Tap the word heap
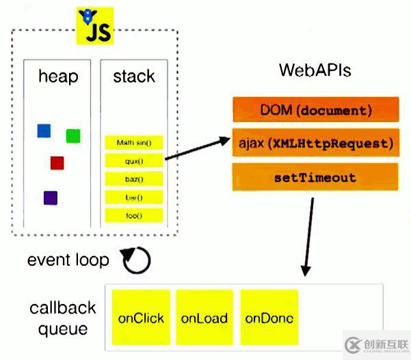[57, 76]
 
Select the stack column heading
[134, 76]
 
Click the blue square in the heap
[44, 130]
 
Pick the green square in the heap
[73, 136]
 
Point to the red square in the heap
[57, 163]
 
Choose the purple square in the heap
[51, 198]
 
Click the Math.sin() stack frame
[134, 143]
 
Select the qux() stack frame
[134, 161]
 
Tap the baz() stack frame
[134, 180]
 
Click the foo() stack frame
[134, 216]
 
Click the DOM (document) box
[315, 110]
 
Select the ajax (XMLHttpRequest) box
[315, 143]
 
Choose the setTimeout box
[315, 178]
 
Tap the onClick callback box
[141, 318]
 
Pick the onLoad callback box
[204, 318]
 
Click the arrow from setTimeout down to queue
[307, 236]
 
